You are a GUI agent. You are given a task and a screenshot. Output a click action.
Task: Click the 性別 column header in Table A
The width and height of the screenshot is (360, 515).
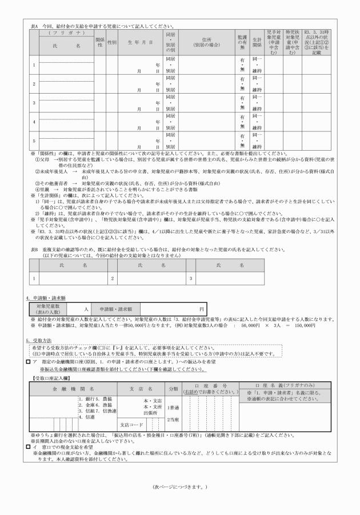click(x=112, y=42)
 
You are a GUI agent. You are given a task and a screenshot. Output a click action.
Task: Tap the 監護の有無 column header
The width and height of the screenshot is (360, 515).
click(x=242, y=42)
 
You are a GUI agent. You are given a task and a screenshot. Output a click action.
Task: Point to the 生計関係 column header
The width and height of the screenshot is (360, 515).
click(x=257, y=42)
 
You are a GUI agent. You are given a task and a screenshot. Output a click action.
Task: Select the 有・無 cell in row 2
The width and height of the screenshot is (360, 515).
click(x=242, y=84)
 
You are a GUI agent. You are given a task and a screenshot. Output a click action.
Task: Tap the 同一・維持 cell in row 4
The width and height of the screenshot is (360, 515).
click(x=257, y=122)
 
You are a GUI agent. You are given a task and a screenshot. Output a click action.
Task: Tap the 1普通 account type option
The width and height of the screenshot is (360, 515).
click(x=174, y=407)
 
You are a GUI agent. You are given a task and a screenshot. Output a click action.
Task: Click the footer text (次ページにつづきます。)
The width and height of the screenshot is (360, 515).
click(x=180, y=487)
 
